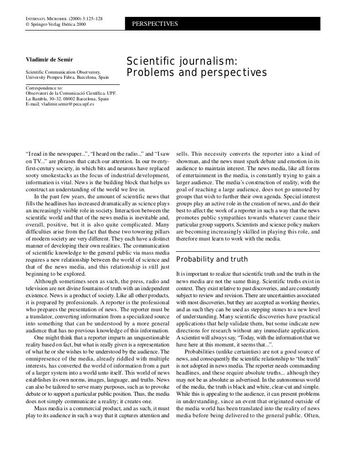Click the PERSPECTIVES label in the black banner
[155, 23]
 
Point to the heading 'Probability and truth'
[212, 259]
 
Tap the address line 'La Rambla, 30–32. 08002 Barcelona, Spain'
[67, 99]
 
